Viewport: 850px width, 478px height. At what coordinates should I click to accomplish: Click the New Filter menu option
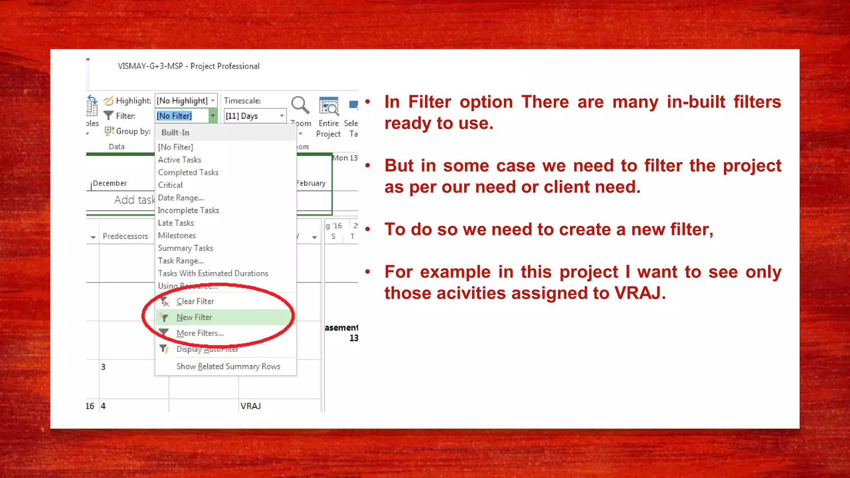(194, 317)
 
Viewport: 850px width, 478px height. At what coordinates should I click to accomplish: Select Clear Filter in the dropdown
(195, 302)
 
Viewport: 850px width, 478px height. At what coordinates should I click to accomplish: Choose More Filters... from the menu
(200, 333)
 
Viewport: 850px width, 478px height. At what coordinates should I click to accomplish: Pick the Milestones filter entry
(177, 236)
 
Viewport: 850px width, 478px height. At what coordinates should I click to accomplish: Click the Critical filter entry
(170, 185)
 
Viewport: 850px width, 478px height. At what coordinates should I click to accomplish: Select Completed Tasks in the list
(188, 173)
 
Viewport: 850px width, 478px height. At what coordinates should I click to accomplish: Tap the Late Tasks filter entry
(176, 223)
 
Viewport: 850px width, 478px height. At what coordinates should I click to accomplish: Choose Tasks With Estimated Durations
(213, 273)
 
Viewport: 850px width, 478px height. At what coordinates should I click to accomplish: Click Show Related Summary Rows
(228, 366)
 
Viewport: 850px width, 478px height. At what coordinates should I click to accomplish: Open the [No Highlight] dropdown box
(186, 101)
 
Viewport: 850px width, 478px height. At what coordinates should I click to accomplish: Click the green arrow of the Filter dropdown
(212, 116)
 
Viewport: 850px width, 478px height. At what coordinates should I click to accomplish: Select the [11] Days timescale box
(254, 116)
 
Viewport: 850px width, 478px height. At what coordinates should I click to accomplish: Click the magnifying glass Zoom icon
(300, 105)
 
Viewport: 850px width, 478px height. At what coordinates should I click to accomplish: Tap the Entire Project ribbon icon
(329, 106)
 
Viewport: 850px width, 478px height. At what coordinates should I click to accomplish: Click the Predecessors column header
(125, 237)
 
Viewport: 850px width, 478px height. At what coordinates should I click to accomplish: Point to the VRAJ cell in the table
(251, 406)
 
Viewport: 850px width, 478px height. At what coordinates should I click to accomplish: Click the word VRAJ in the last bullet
(637, 293)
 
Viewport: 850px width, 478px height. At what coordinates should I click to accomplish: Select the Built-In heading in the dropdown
(175, 133)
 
